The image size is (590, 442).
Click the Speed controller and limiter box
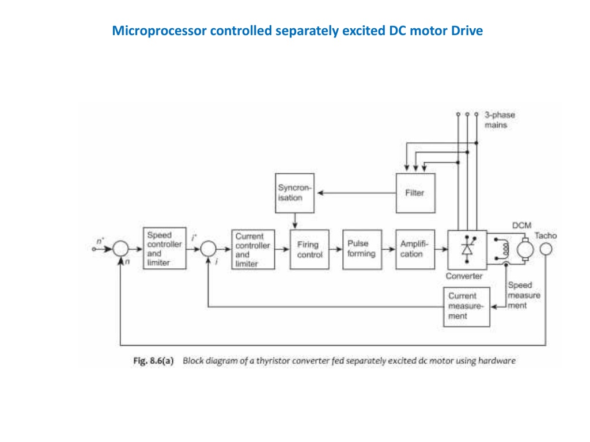point(165,248)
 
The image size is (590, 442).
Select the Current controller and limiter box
point(253,249)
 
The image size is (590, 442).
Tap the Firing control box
point(310,249)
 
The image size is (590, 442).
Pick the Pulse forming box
point(361,249)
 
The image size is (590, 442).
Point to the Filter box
point(415,192)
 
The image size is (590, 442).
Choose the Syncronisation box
point(295,192)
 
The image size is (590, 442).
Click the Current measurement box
point(466,306)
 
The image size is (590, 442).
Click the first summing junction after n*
point(120,249)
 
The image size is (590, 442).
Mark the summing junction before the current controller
point(208,249)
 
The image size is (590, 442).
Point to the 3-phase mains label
point(500,120)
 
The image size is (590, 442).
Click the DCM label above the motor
point(522,225)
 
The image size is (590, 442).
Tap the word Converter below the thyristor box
point(464,276)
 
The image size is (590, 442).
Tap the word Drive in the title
point(467,31)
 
